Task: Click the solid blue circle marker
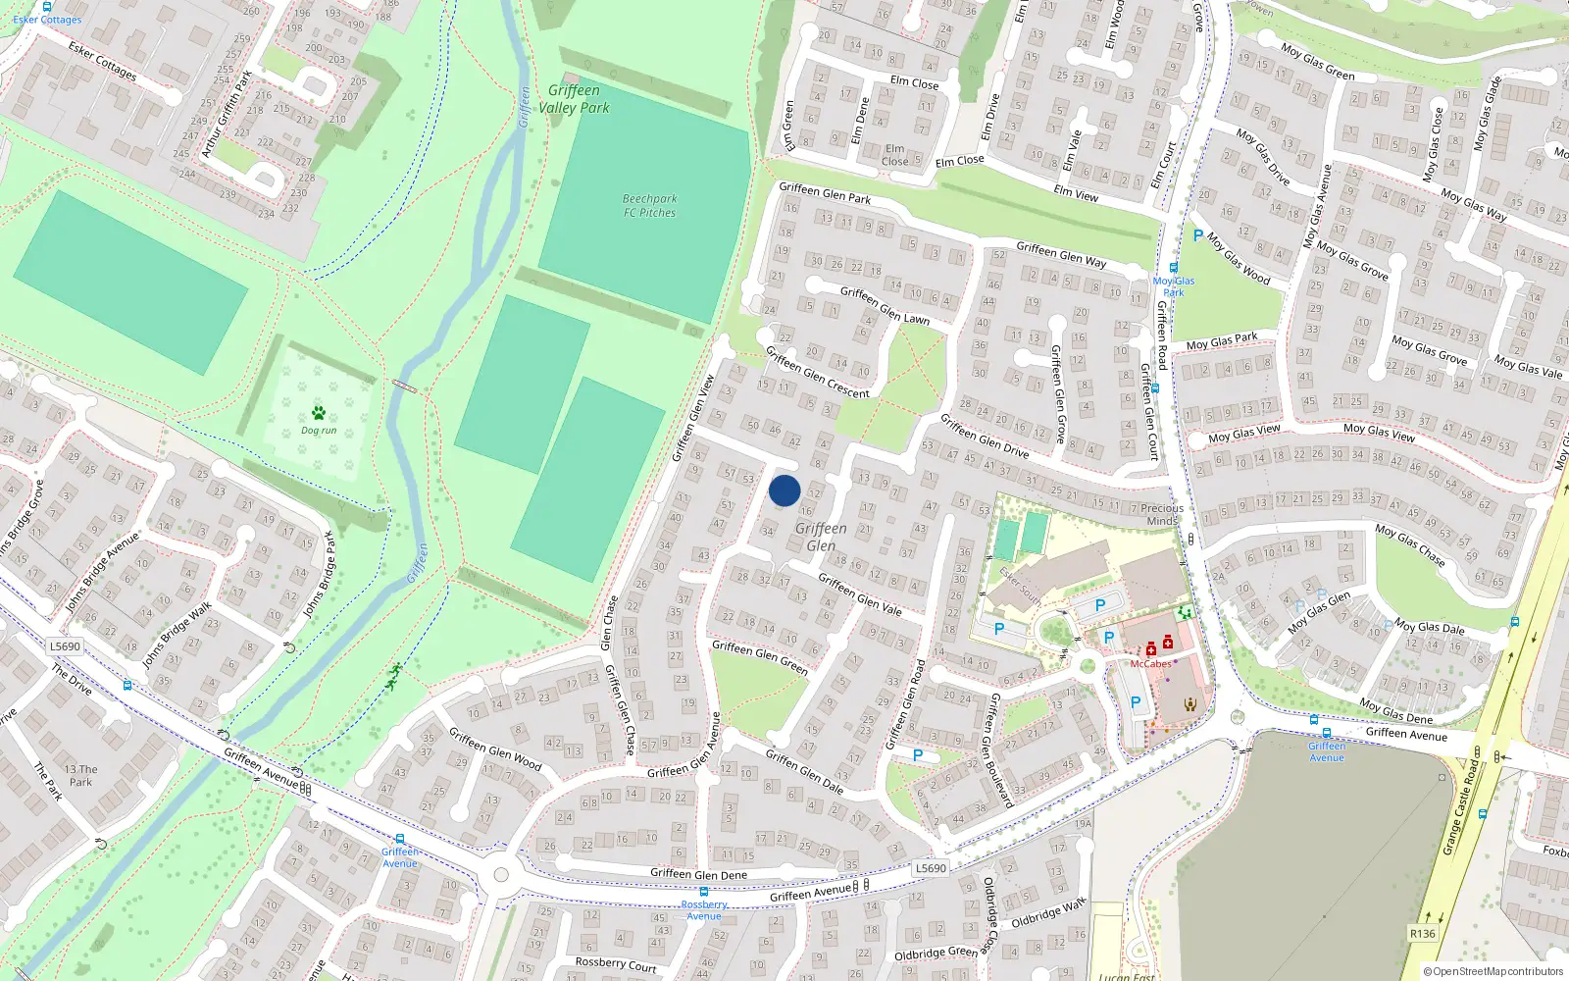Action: click(x=784, y=490)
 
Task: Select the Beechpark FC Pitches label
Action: click(x=649, y=205)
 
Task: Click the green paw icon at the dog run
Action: click(x=318, y=413)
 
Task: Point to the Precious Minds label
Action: click(x=1162, y=514)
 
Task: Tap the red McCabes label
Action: click(x=1150, y=664)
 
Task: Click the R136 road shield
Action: click(x=1422, y=933)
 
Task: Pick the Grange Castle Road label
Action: click(x=1459, y=805)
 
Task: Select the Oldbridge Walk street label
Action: click(x=1048, y=912)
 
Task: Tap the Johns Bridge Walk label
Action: click(x=177, y=636)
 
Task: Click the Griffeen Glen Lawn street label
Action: click(x=885, y=305)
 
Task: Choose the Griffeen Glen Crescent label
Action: click(x=817, y=373)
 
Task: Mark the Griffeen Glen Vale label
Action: click(x=860, y=594)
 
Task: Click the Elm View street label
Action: click(x=1076, y=192)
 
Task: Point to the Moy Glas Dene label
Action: click(x=1396, y=711)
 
